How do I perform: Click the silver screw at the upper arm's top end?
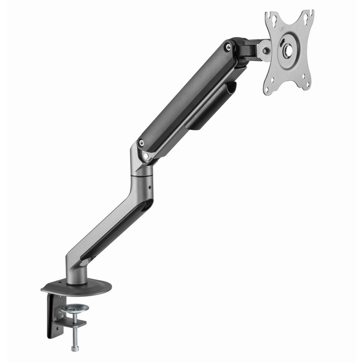pos(227,46)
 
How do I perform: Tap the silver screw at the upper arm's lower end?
pos(141,142)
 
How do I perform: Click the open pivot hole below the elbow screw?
pos(147,155)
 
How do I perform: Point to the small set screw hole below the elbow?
pos(149,188)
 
